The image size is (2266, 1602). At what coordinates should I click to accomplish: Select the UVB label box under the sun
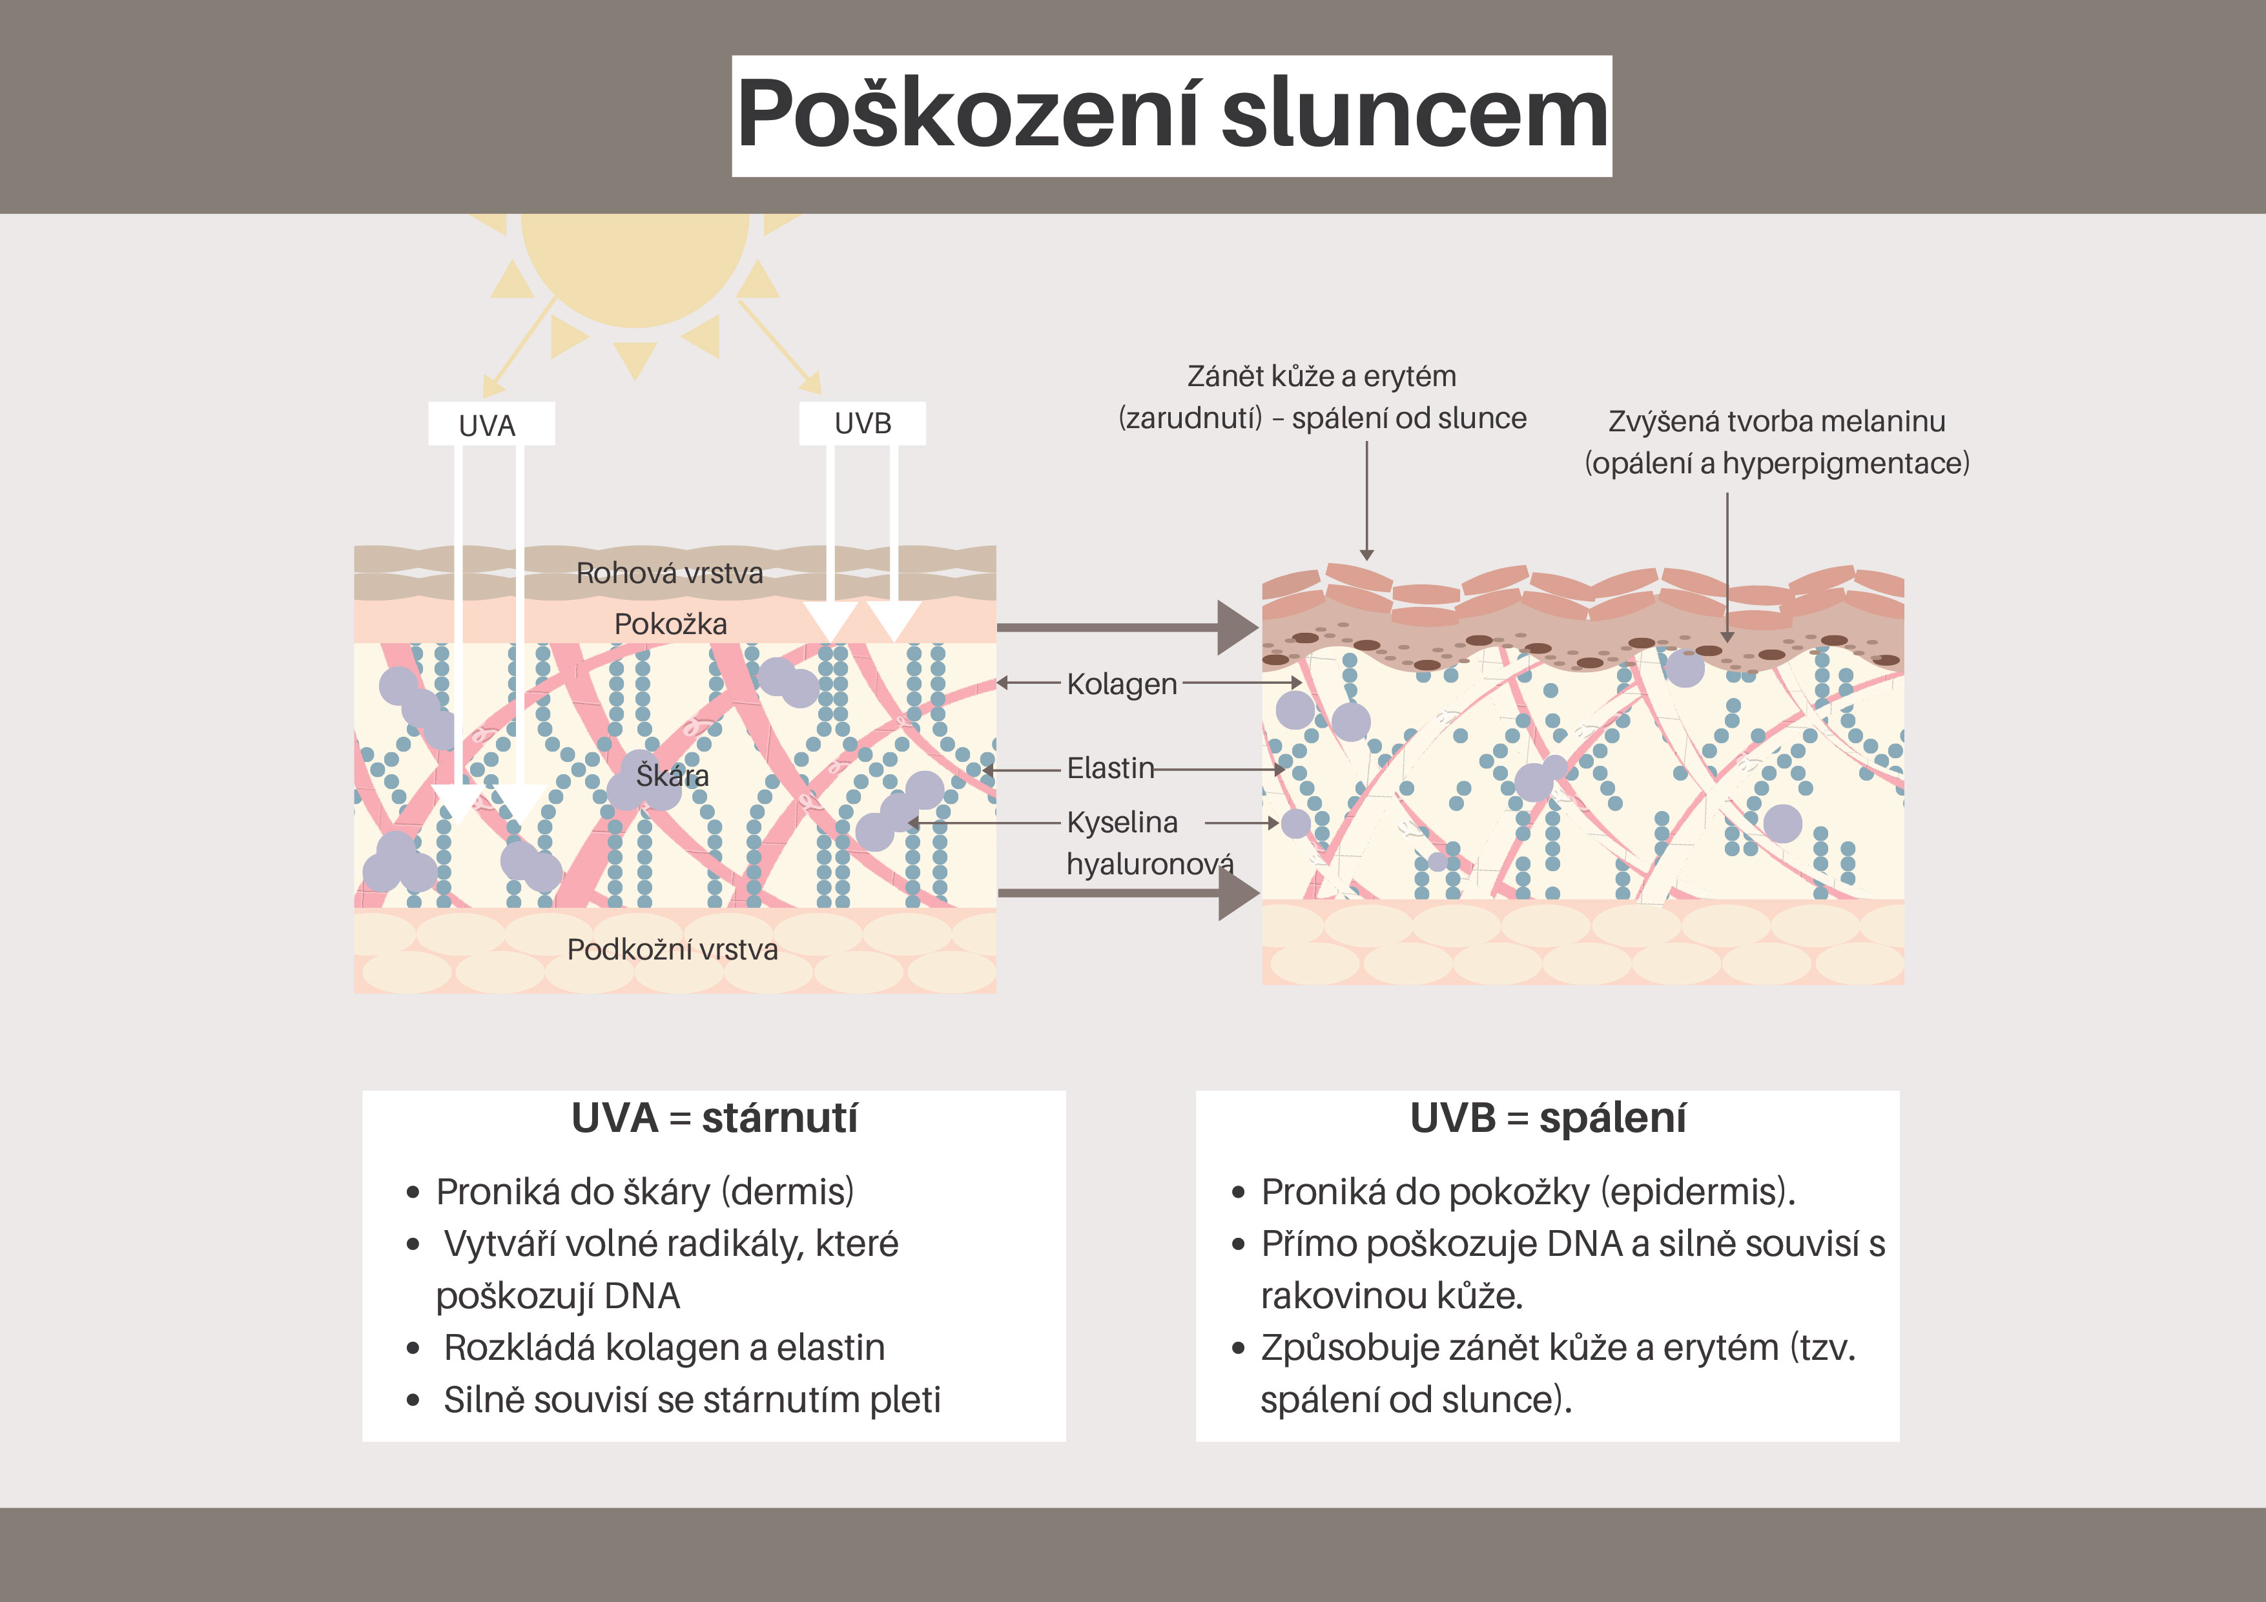863,424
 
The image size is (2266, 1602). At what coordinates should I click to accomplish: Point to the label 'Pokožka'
670,624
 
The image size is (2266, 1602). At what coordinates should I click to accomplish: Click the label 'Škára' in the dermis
672,776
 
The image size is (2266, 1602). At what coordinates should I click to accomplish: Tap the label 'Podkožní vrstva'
672,950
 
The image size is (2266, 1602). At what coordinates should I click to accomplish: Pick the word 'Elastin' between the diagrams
1110,768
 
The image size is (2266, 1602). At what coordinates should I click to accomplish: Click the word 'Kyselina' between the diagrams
1122,822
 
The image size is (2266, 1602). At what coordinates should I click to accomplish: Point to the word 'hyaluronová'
1149,865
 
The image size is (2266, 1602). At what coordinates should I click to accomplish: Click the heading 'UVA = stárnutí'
714,1118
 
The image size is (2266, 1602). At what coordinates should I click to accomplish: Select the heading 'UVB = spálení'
1547,1118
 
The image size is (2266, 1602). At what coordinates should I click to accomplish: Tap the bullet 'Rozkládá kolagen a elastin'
664,1348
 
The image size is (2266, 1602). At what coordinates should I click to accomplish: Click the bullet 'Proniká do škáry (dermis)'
644,1193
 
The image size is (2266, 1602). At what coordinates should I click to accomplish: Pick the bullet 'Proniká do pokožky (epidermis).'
1528,1193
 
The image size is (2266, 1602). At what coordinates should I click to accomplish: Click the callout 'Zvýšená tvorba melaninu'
1777,422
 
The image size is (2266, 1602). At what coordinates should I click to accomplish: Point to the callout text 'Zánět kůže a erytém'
1321,376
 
